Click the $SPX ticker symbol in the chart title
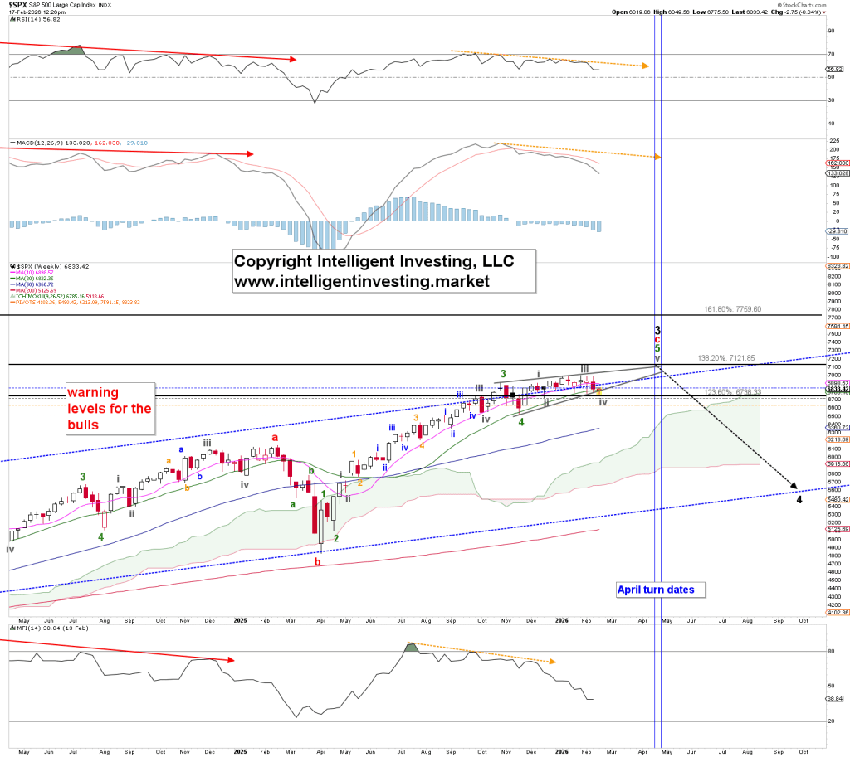pyautogui.click(x=17, y=5)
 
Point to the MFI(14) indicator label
pyautogui.click(x=26, y=639)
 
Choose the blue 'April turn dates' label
pyautogui.click(x=661, y=590)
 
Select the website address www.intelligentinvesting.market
pyautogui.click(x=361, y=281)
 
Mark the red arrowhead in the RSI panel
pyautogui.click(x=292, y=59)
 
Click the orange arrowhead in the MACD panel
pyautogui.click(x=658, y=156)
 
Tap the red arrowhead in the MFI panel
pyautogui.click(x=232, y=660)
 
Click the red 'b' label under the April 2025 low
pyautogui.click(x=318, y=562)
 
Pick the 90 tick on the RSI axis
pyautogui.click(x=831, y=31)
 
